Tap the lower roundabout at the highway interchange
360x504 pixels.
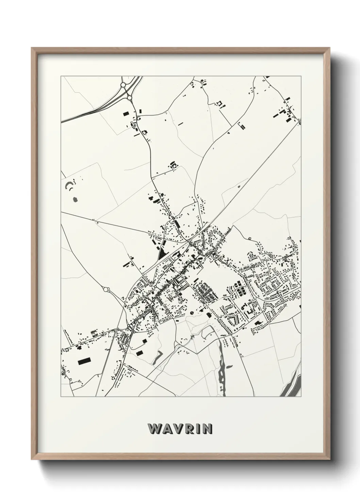pos(130,98)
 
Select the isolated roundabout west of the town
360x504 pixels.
pos(107,289)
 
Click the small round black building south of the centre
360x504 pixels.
pos(191,312)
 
